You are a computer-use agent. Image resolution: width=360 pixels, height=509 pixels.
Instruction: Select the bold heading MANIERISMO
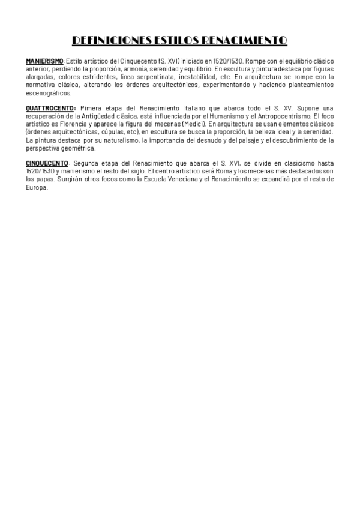click(x=44, y=62)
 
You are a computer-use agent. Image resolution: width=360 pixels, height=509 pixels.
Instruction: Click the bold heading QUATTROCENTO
click(x=50, y=109)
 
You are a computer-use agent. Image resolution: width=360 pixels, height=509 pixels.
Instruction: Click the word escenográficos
click(x=49, y=93)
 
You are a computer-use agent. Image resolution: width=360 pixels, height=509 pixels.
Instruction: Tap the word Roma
click(x=201, y=171)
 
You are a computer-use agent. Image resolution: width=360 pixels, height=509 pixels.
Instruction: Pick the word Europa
click(x=36, y=187)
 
